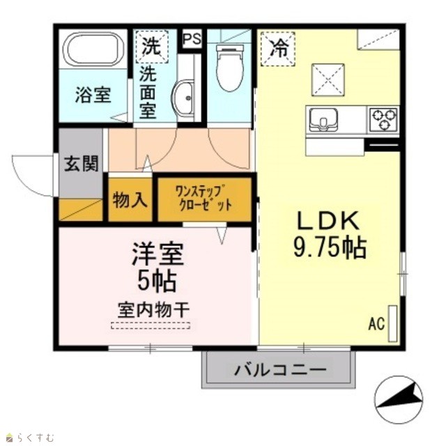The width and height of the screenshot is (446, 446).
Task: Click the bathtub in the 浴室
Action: (93, 49)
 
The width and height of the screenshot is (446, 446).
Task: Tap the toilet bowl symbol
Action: (230, 68)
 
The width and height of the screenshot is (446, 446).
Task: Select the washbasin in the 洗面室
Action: (183, 98)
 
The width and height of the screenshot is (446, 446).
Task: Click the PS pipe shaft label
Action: (192, 39)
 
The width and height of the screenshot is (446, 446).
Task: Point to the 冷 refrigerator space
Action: (278, 49)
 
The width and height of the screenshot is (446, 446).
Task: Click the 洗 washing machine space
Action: (152, 47)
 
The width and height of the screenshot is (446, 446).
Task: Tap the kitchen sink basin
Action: (323, 120)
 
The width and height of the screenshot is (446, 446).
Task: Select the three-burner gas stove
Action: (383, 120)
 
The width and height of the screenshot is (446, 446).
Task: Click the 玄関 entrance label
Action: (81, 163)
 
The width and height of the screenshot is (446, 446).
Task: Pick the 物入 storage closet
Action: (130, 200)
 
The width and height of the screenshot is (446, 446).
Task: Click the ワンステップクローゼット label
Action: (203, 198)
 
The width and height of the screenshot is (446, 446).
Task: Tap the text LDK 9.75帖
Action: (330, 235)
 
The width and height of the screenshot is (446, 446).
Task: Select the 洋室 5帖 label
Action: (157, 267)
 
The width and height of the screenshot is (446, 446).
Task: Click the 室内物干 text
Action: (154, 310)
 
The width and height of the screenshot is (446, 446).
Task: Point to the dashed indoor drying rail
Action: (151, 325)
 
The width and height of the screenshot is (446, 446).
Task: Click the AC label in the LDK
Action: (376, 323)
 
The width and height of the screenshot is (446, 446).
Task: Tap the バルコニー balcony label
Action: (280, 370)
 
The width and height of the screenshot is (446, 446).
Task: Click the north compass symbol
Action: (398, 399)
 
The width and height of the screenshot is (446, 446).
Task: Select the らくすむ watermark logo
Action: (30, 437)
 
